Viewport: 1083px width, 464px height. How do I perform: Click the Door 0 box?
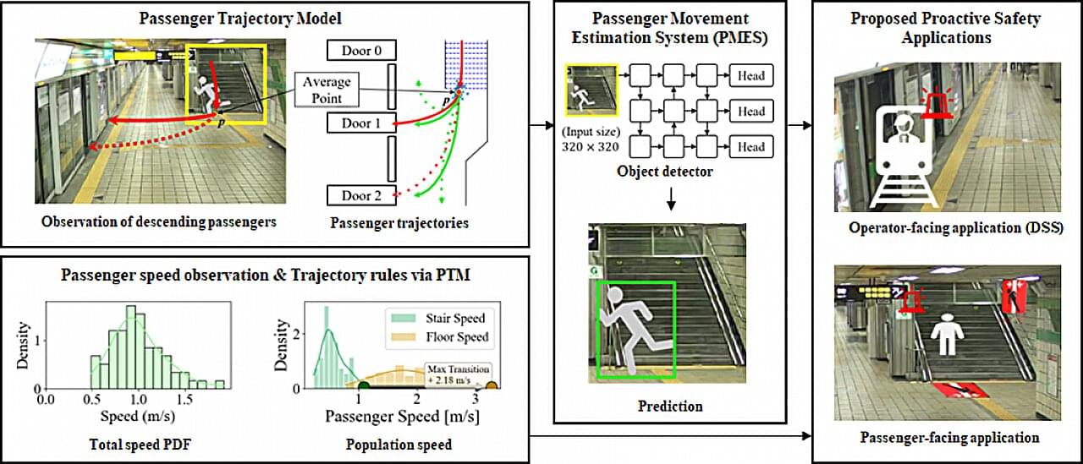(361, 50)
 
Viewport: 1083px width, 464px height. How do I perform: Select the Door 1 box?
(361, 123)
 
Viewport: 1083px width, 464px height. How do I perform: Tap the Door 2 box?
(361, 195)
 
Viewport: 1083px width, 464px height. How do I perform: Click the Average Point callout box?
(327, 90)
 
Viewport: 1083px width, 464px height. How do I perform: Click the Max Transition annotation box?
(458, 374)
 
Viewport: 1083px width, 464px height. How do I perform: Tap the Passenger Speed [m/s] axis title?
(402, 417)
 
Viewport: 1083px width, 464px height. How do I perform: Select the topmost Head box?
(750, 75)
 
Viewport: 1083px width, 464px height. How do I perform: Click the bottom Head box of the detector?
(750, 147)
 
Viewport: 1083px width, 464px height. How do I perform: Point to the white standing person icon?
(947, 334)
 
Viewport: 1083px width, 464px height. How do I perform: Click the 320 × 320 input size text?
(591, 147)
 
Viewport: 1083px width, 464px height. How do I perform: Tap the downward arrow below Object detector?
(671, 199)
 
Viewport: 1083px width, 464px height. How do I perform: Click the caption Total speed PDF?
(140, 445)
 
